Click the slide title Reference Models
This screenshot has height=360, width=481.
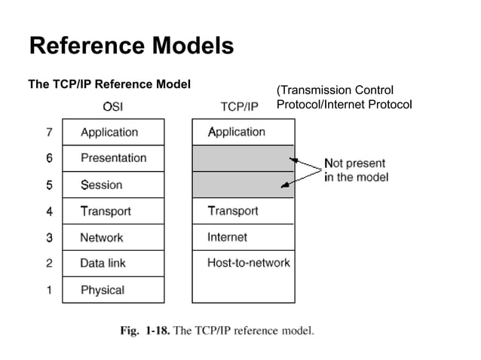pyautogui.click(x=131, y=47)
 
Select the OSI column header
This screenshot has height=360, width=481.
pyautogui.click(x=112, y=106)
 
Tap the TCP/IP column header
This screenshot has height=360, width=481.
pyautogui.click(x=238, y=106)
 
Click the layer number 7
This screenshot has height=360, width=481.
pyautogui.click(x=49, y=132)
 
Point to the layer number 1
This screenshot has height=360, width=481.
pyautogui.click(x=49, y=290)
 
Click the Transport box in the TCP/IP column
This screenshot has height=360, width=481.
pyautogui.click(x=243, y=211)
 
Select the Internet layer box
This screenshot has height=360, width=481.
pyautogui.click(x=243, y=237)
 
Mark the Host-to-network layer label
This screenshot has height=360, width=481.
pyautogui.click(x=248, y=263)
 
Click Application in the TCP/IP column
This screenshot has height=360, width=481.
pyautogui.click(x=243, y=132)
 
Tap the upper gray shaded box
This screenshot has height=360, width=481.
pyautogui.click(x=243, y=158)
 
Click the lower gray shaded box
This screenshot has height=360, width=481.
pyautogui.click(x=243, y=185)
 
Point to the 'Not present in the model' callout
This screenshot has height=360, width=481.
pyautogui.click(x=355, y=169)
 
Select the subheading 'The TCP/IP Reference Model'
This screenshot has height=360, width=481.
pyautogui.click(x=109, y=83)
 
